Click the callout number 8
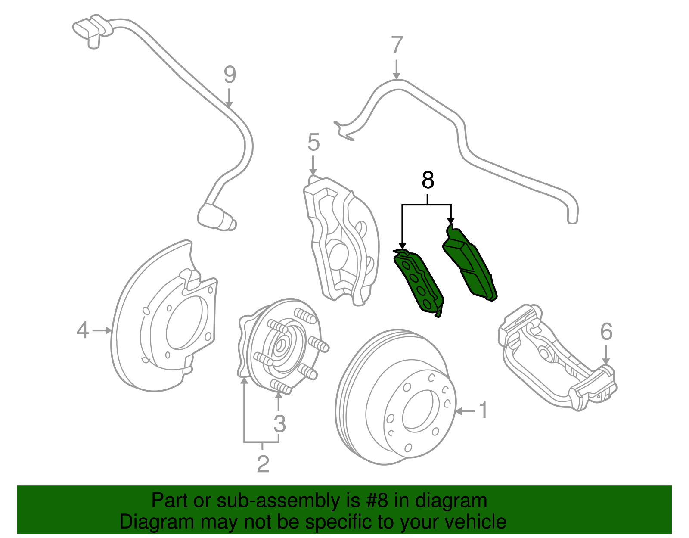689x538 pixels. point(428,180)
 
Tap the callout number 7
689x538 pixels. point(397,45)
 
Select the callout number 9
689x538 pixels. point(230,75)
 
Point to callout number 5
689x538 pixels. point(313,142)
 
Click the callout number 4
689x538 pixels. point(82,330)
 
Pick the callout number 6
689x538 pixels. point(606,332)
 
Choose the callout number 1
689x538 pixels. point(484,410)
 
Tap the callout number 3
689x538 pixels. point(279,424)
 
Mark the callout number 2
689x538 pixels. point(263,464)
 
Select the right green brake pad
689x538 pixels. point(469,263)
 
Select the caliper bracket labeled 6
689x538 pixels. point(556,358)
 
